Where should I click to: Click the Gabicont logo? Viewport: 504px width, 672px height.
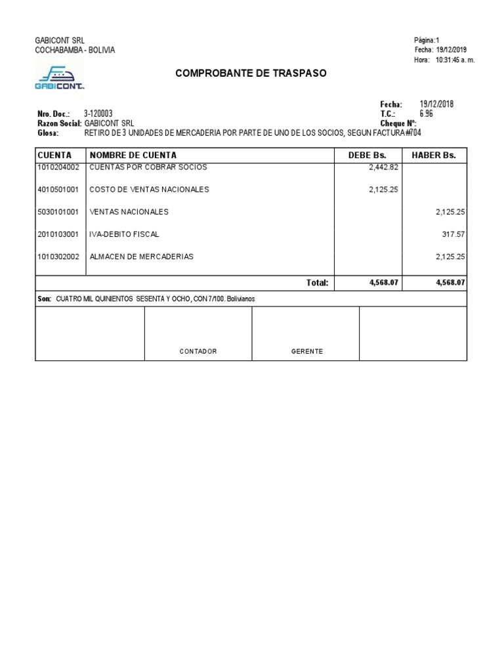pos(59,76)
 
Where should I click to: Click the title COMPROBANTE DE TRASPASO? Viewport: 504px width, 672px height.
pos(251,73)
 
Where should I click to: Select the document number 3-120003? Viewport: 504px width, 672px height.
pos(98,114)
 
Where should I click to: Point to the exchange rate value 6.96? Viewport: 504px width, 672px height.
pos(427,114)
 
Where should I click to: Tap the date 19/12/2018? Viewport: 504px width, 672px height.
pos(436,104)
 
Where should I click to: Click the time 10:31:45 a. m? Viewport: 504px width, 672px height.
pos(455,60)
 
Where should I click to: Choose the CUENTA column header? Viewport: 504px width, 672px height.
pos(54,155)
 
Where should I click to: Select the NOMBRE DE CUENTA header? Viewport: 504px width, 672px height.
pos(133,155)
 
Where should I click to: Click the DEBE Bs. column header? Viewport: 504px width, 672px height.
pos(367,155)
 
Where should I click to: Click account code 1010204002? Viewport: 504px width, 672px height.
pos(58,167)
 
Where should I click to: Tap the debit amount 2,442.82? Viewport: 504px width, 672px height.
pos(384,167)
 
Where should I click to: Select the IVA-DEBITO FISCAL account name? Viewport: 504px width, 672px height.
pos(124,234)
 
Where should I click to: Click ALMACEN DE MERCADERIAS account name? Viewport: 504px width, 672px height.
pos(141,257)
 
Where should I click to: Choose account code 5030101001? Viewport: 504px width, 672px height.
pos(58,212)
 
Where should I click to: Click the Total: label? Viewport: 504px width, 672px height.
pos(317,283)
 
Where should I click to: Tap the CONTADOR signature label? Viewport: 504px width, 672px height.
pos(198,352)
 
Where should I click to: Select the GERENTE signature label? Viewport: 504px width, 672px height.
pos(307,352)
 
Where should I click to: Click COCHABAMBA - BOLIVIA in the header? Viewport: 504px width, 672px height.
pos(75,50)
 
